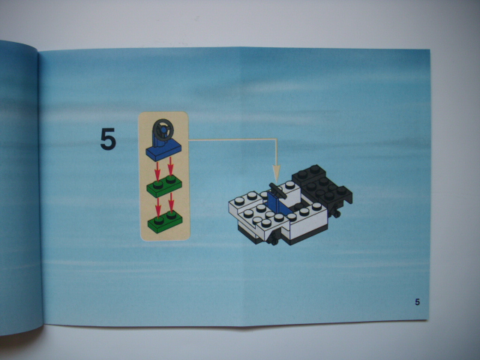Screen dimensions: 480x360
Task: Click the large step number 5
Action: coord(108,139)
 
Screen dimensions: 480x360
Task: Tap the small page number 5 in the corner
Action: coord(417,302)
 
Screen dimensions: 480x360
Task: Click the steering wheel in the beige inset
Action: coord(163,129)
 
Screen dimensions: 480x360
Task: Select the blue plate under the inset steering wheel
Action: coord(163,150)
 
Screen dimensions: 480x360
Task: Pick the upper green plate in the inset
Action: coord(164,187)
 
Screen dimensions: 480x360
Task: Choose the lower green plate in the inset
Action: coord(165,222)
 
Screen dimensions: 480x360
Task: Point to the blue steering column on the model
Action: coord(276,203)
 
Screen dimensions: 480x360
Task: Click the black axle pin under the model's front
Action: coord(273,238)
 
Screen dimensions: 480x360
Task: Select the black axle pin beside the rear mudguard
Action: coord(336,211)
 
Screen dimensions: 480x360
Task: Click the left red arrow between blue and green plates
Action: coord(157,171)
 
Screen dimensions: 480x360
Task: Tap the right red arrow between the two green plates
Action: coord(172,202)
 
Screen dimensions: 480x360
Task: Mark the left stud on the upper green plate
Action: coord(158,184)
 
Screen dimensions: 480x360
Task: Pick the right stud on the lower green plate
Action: coord(172,214)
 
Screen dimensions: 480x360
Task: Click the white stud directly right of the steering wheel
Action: coord(289,185)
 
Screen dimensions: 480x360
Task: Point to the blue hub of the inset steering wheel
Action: coord(164,130)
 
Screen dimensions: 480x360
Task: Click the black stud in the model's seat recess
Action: coord(298,207)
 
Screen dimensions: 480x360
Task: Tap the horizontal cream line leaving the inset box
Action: coord(232,139)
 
